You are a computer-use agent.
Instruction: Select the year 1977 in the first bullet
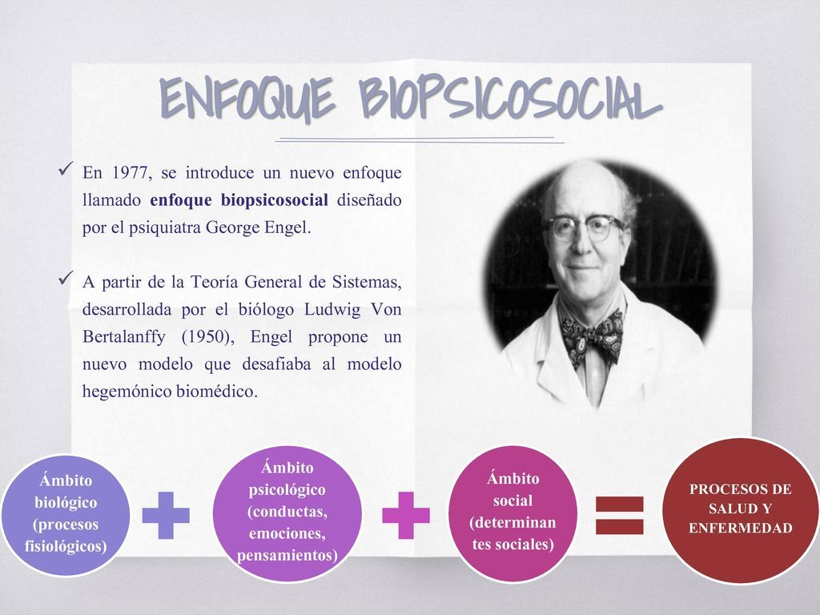(131, 173)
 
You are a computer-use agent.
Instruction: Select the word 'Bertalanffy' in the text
(125, 336)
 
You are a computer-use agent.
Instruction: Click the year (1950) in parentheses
(204, 336)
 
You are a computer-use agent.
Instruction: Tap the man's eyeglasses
(585, 227)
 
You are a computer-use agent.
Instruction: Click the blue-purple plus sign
(166, 516)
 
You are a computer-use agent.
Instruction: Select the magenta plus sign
(405, 516)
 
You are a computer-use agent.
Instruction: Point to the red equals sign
(620, 515)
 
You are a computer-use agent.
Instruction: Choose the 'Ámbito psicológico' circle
(287, 513)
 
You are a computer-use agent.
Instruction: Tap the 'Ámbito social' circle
(513, 512)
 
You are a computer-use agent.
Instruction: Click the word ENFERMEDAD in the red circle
(740, 529)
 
